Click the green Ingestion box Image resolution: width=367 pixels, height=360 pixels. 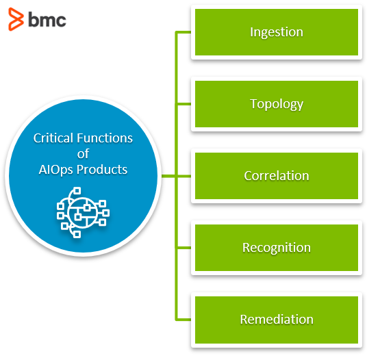point(277,32)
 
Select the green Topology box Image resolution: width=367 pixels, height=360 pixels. point(277,104)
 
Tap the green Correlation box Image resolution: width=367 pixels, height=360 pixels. point(277,176)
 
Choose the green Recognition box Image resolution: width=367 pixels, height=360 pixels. point(277,248)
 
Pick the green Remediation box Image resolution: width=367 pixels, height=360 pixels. point(277,320)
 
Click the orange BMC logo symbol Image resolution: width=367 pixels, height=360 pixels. point(16,19)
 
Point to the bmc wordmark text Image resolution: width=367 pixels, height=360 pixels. point(47,20)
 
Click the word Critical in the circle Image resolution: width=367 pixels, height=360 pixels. point(53,138)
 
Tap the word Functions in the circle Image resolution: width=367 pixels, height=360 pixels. point(105,138)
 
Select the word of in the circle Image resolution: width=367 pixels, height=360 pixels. point(83,154)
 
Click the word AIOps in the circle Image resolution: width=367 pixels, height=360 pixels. point(56,170)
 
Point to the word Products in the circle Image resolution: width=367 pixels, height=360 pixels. point(102,169)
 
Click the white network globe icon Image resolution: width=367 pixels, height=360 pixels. point(83,212)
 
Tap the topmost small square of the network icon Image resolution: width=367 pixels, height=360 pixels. point(77,191)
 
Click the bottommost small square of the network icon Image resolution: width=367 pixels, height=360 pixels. point(77,234)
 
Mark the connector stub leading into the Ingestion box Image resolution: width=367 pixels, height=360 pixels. point(184,32)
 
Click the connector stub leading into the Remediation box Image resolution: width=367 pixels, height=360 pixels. point(184,320)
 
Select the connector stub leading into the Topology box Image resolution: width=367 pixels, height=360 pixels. point(184,104)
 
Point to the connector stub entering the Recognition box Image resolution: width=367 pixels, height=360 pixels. point(184,248)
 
